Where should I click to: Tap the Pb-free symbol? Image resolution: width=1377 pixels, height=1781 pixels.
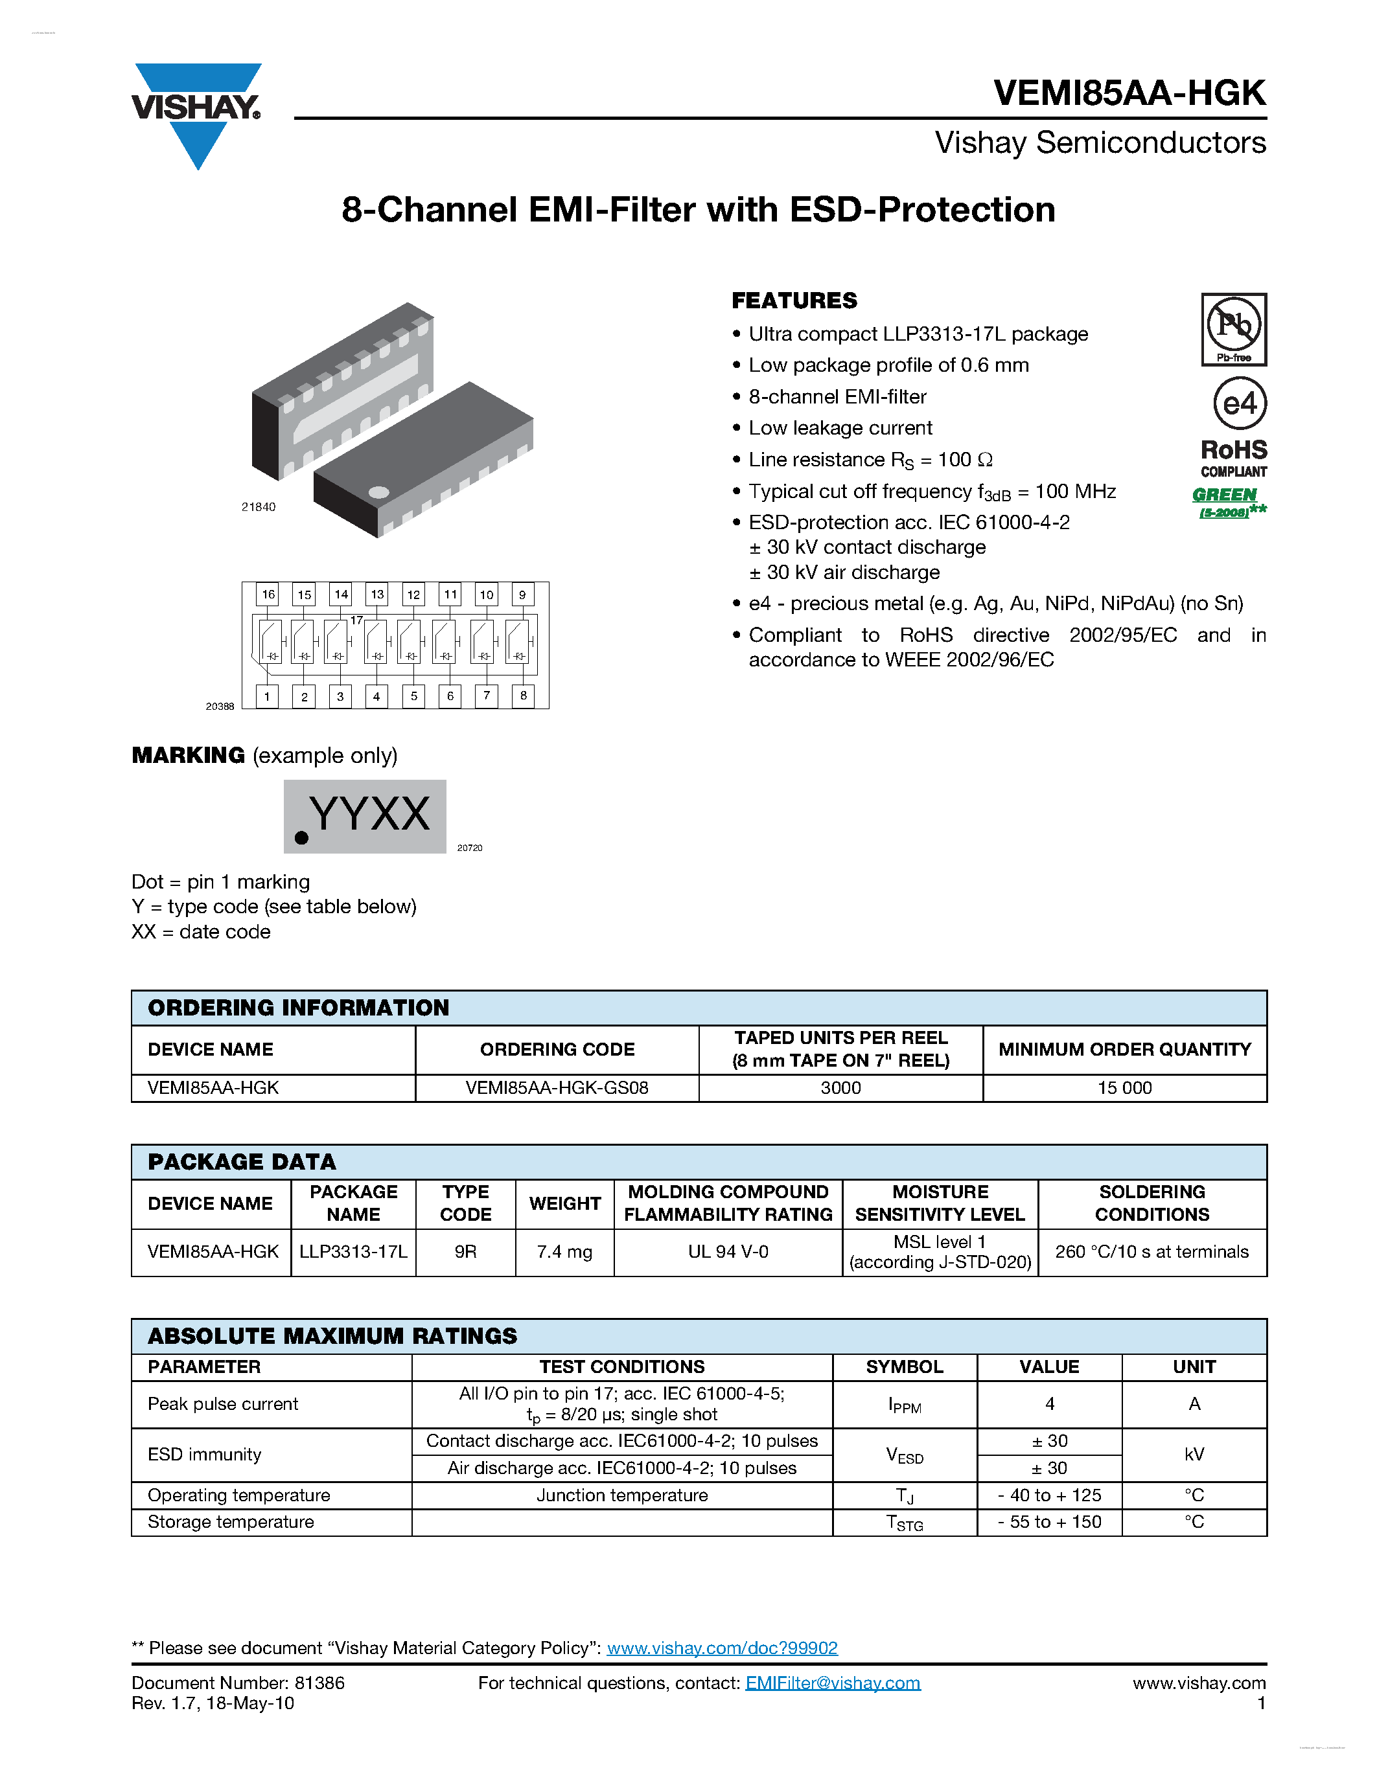pos(1233,328)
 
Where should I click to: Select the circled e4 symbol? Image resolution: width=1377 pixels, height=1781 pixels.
pos(1239,403)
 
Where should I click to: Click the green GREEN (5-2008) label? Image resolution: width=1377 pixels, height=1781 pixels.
pos(1227,501)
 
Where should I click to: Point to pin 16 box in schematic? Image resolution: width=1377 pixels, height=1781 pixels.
pos(268,595)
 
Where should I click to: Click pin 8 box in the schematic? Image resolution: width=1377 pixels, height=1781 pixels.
pos(523,696)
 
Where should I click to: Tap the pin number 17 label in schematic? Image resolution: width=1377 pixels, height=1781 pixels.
pos(356,620)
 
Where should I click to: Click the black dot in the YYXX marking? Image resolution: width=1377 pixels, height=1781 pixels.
pos(301,837)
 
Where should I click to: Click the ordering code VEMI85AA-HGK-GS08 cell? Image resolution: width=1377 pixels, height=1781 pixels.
pos(557,1088)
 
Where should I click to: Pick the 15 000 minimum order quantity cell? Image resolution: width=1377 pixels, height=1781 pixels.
pos(1124,1088)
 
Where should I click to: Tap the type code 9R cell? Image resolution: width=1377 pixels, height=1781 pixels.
pos(465,1252)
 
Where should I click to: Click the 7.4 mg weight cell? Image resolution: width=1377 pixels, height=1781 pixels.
pos(564,1252)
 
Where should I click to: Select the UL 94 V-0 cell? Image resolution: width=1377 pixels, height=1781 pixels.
pos(728,1252)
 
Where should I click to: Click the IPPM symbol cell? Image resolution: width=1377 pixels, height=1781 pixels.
pos(905,1404)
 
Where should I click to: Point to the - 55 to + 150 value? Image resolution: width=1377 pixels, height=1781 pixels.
pos(1049,1522)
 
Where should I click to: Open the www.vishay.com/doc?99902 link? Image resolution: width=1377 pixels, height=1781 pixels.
pos(722,1648)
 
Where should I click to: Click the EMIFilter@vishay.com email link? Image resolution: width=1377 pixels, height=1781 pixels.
pos(832,1683)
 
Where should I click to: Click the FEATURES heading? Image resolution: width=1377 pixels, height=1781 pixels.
pos(794,301)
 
